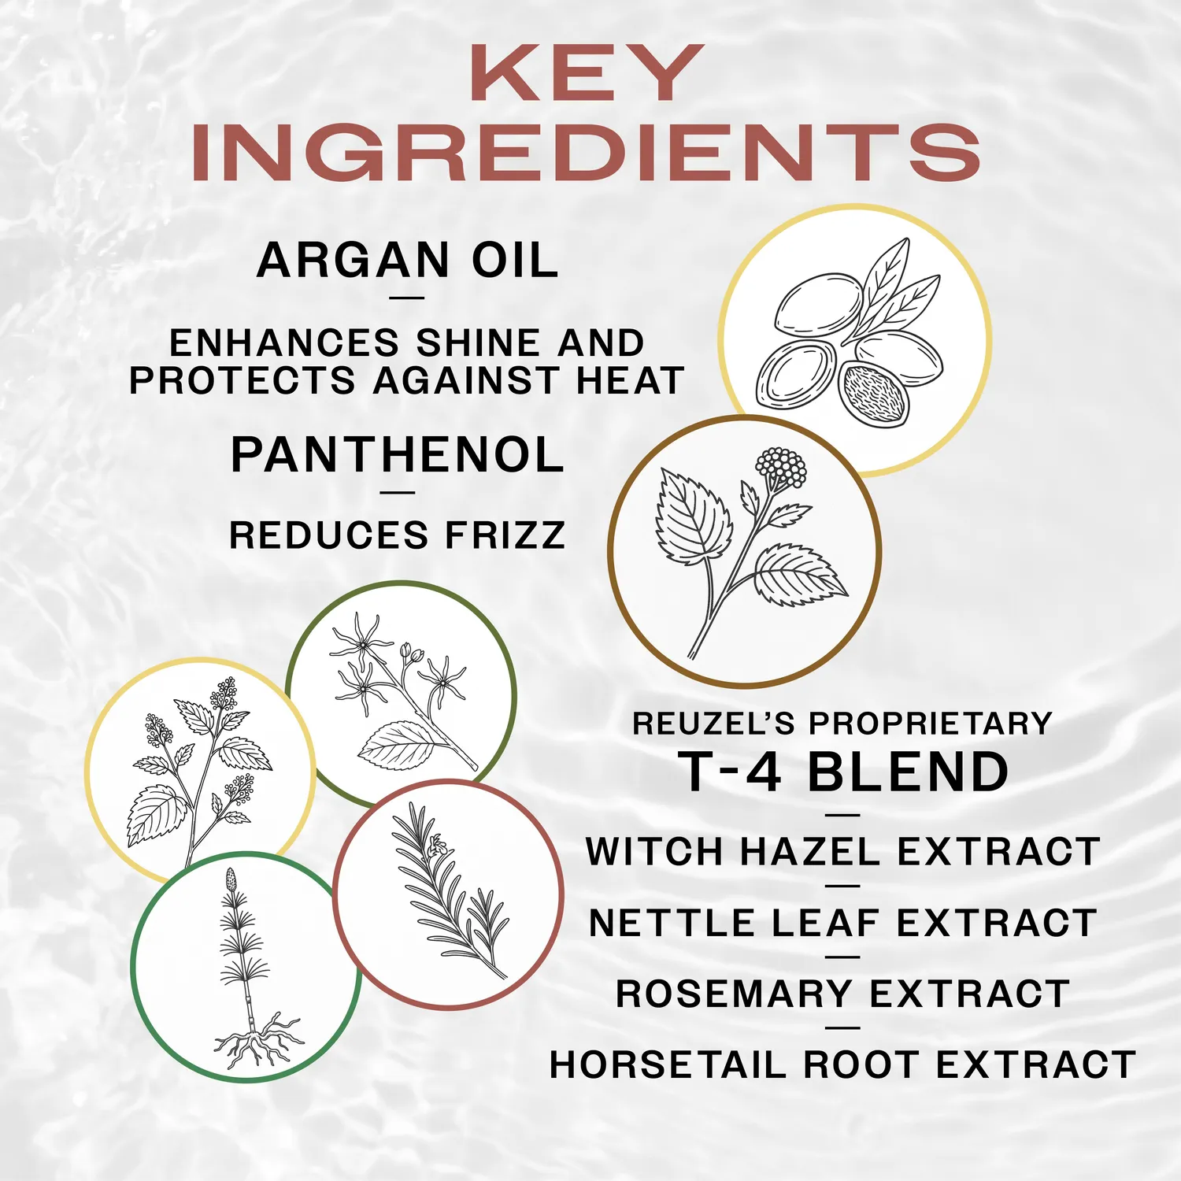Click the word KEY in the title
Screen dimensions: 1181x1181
click(587, 72)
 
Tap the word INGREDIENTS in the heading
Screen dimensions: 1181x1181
click(587, 153)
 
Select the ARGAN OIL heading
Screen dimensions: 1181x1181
click(407, 260)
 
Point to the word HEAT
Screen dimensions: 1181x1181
click(630, 380)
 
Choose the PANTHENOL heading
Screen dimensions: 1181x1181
click(398, 455)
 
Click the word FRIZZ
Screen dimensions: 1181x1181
click(505, 535)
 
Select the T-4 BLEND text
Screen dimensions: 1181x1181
click(843, 772)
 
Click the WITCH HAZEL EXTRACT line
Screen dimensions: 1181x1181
click(843, 851)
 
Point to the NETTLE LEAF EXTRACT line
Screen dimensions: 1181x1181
click(843, 922)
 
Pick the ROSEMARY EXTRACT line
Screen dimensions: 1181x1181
click(843, 993)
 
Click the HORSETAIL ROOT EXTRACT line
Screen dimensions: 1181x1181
click(843, 1064)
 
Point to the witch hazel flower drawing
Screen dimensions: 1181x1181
click(398, 693)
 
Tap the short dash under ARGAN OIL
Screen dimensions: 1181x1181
click(407, 298)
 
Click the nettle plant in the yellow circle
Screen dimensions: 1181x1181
click(201, 772)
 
